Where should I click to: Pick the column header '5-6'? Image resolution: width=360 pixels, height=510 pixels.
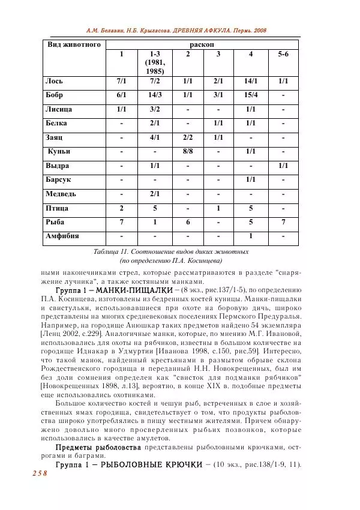click(283, 55)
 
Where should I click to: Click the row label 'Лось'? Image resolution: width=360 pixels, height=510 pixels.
click(54, 81)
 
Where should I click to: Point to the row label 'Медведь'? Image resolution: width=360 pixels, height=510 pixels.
click(61, 194)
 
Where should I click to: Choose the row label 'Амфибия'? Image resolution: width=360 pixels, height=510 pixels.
click(62, 236)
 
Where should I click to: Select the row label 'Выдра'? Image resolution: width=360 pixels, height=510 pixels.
click(58, 166)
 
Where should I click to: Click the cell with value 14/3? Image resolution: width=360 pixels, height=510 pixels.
click(155, 95)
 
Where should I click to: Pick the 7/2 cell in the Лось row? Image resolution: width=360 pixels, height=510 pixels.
click(155, 81)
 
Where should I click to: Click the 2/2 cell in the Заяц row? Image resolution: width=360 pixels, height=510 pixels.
click(188, 137)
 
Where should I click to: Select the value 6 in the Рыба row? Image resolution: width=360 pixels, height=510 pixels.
click(188, 222)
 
